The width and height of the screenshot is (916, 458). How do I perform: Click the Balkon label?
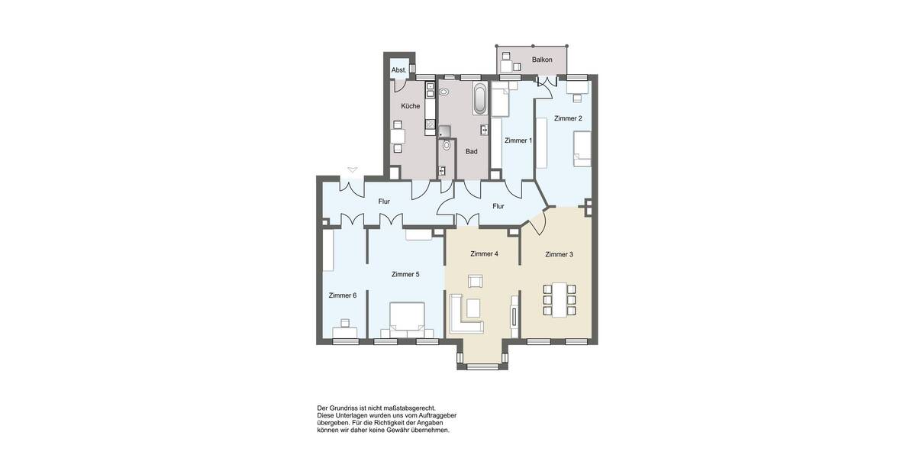click(x=542, y=60)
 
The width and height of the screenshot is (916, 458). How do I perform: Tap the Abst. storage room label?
click(x=398, y=70)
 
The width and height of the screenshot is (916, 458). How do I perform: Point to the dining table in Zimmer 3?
click(x=556, y=300)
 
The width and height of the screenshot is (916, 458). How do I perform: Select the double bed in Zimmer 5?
click(x=407, y=319)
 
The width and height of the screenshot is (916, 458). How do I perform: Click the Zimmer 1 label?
click(x=518, y=140)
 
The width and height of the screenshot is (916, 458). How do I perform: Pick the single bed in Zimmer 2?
click(x=581, y=148)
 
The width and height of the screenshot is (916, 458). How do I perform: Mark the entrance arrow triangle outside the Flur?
click(x=351, y=169)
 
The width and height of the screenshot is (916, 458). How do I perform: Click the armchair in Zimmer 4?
click(x=476, y=281)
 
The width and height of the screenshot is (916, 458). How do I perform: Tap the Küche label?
click(x=410, y=106)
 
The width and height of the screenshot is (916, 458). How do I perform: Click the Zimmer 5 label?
click(x=405, y=274)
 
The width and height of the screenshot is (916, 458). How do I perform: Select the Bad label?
click(x=471, y=151)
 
